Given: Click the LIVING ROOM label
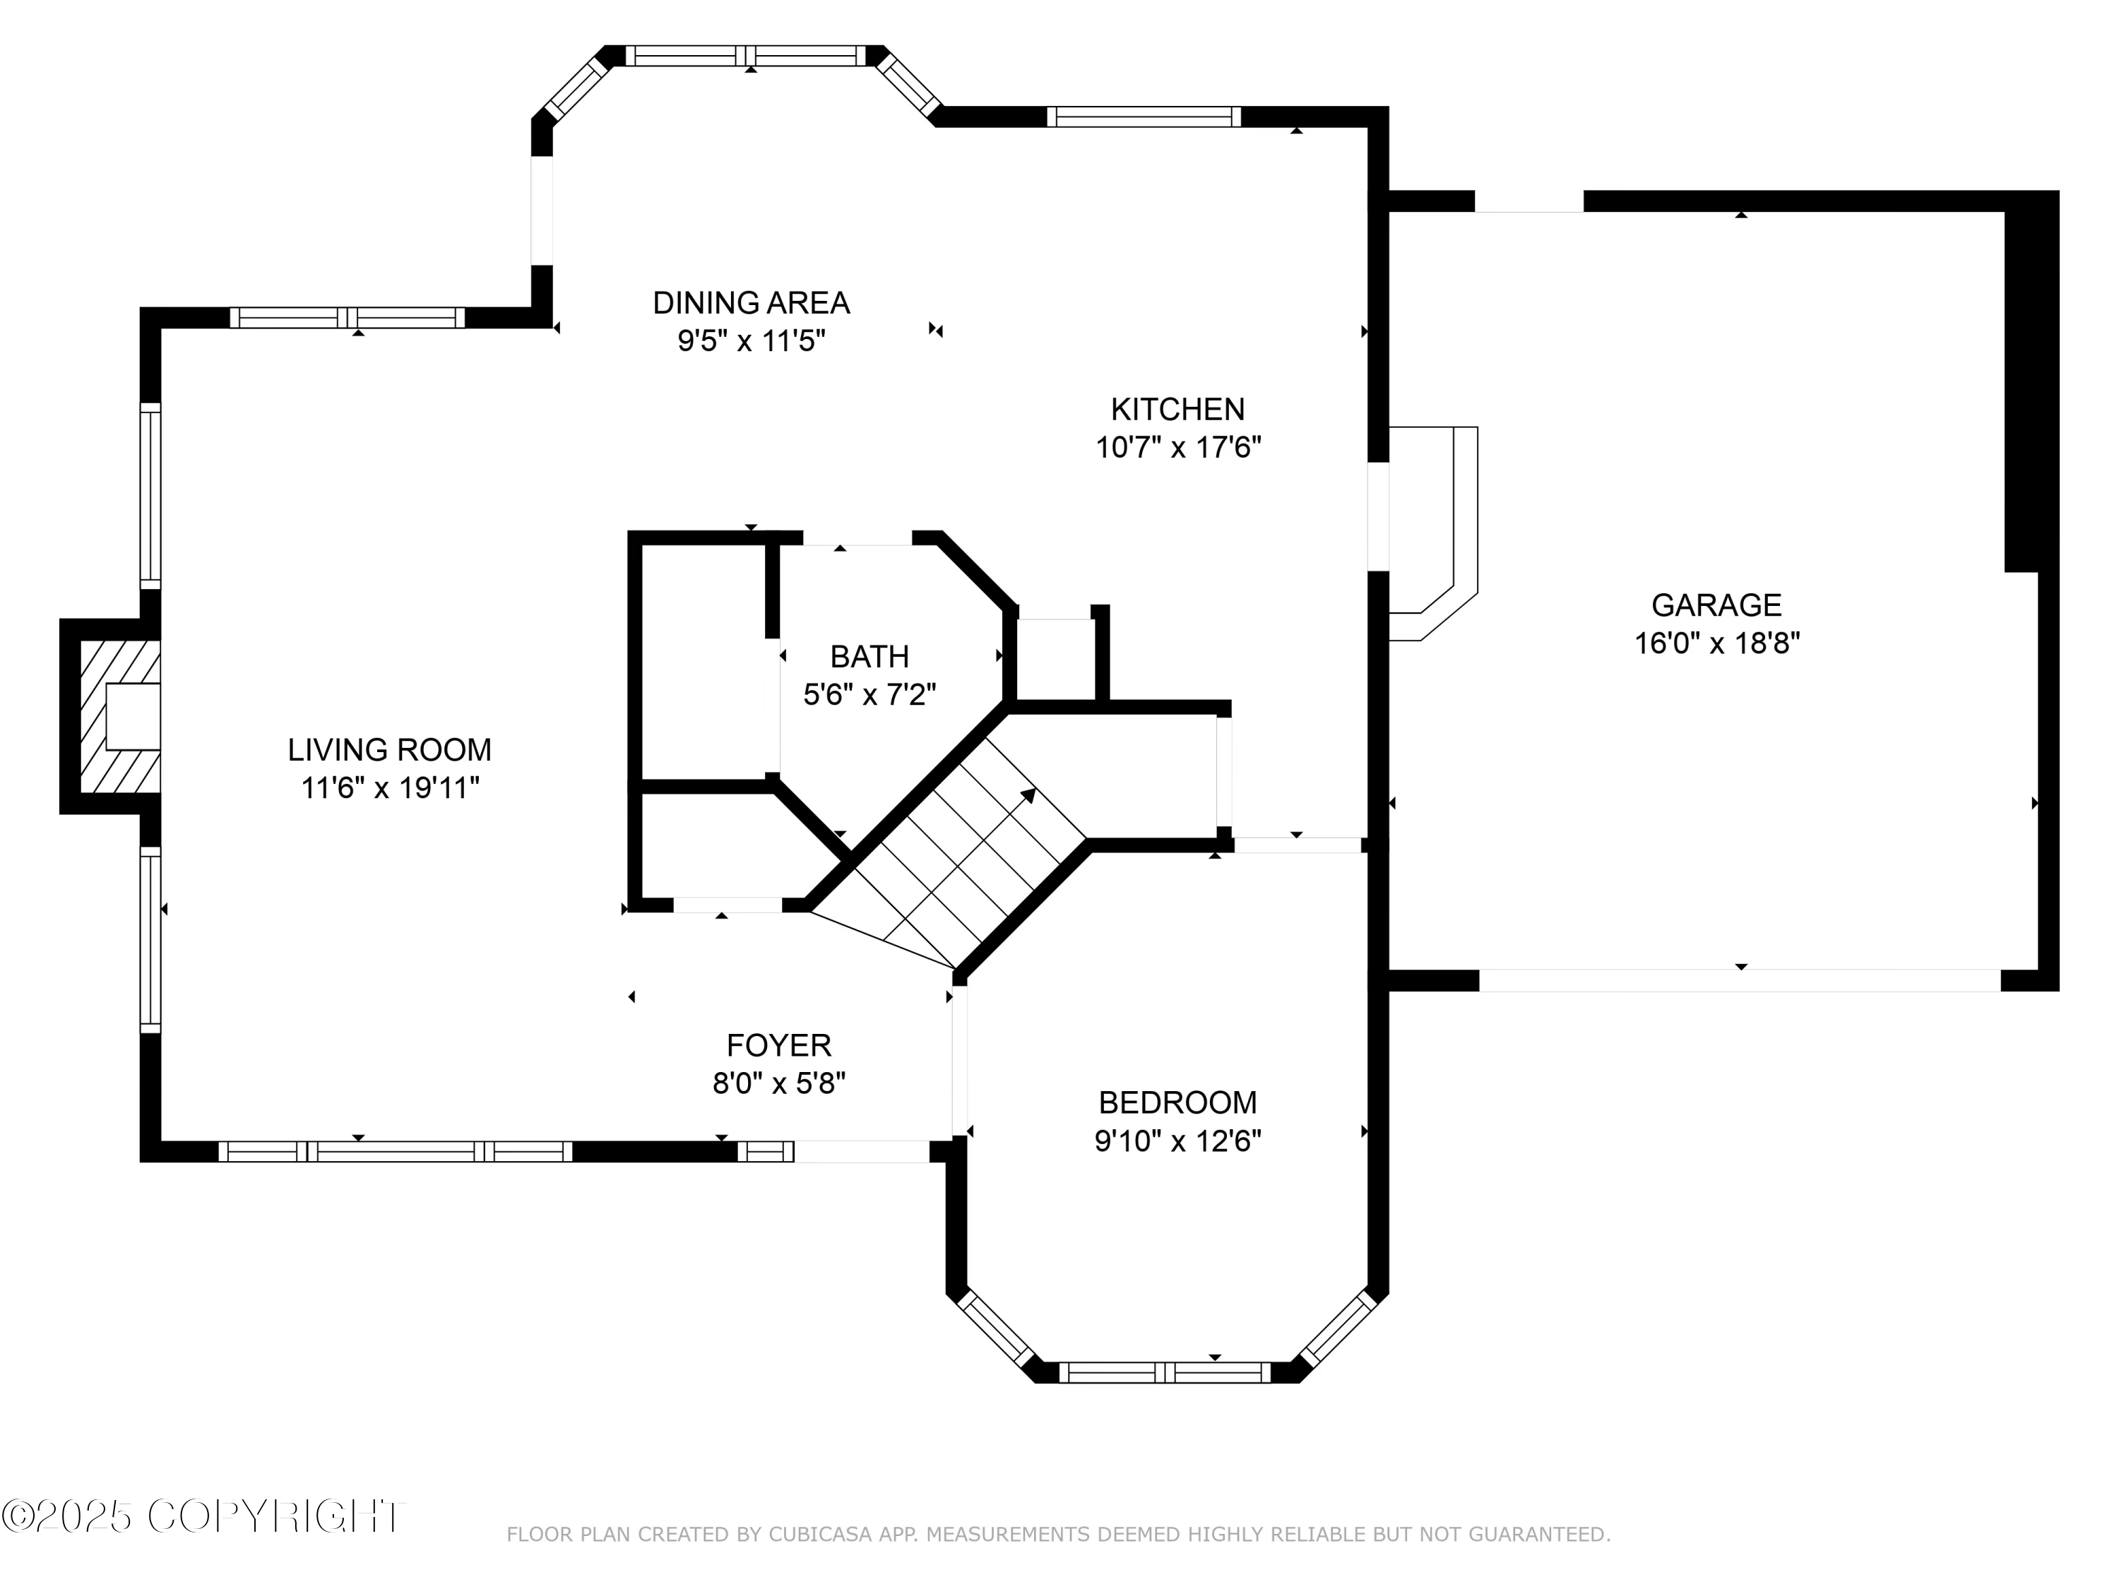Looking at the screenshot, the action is pyautogui.click(x=389, y=749).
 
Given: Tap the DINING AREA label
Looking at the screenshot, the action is pyautogui.click(x=751, y=303).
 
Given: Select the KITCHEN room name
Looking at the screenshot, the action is pyautogui.click(x=1177, y=409).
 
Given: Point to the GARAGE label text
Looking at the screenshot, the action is pyautogui.click(x=1716, y=605).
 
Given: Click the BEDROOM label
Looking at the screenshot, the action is pyautogui.click(x=1177, y=1102).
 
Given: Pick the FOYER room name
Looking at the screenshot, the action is pyautogui.click(x=779, y=1045).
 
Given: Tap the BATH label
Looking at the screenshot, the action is pyautogui.click(x=869, y=656).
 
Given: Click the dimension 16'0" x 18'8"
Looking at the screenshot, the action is pyautogui.click(x=1716, y=643).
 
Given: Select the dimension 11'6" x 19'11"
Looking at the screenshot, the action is pyautogui.click(x=390, y=787).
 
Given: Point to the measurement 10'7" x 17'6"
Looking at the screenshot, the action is pyautogui.click(x=1178, y=447).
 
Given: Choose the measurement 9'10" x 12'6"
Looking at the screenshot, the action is pyautogui.click(x=1177, y=1141).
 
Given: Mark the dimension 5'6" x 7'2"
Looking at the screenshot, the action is pyautogui.click(x=869, y=694).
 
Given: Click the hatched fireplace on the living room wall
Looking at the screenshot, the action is pyautogui.click(x=120, y=716).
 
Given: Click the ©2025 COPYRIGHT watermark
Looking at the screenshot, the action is pyautogui.click(x=203, y=1516).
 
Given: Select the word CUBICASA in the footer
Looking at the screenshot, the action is pyautogui.click(x=820, y=1535).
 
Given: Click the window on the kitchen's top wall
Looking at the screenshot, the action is pyautogui.click(x=1144, y=117).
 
